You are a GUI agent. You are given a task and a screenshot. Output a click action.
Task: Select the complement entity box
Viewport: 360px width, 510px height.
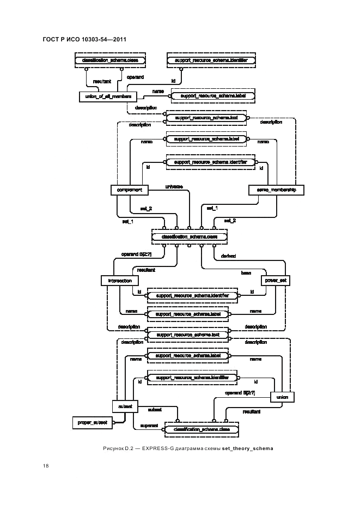[x=130, y=190]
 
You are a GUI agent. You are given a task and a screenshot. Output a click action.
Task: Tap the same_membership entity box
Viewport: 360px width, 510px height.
[x=276, y=190]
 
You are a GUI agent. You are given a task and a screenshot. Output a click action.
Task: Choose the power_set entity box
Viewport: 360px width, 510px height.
[x=276, y=280]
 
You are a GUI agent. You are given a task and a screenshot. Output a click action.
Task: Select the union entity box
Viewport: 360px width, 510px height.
[x=282, y=397]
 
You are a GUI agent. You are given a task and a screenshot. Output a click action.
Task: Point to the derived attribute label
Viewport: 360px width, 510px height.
[x=228, y=255]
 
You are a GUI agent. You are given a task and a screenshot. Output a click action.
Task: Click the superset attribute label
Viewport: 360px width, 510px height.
[x=149, y=425]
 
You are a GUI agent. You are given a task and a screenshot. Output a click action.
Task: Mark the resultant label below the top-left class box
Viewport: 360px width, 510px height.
[x=102, y=81]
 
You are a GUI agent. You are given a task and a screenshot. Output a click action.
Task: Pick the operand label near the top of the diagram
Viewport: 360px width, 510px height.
[x=135, y=77]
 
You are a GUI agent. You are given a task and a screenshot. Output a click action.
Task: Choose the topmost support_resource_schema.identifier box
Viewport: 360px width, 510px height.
[x=211, y=59]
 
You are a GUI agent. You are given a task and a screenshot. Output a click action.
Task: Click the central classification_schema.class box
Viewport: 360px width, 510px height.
[x=189, y=236]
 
